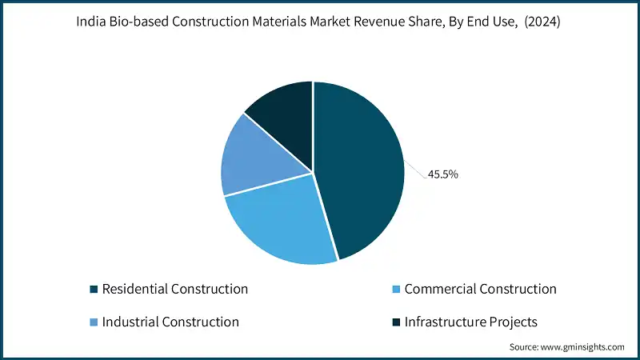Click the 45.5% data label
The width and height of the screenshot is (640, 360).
442,174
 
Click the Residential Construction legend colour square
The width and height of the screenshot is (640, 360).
94,289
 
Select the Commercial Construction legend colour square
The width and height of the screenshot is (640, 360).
396,289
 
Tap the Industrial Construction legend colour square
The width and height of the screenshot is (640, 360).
94,322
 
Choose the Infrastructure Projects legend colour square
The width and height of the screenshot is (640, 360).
396,322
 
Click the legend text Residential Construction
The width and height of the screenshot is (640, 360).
174,289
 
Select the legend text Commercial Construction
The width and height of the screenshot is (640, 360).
480,289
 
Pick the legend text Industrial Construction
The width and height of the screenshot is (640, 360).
170,322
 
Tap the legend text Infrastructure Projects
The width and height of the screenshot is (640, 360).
471,322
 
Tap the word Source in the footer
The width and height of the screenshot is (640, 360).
524,347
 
